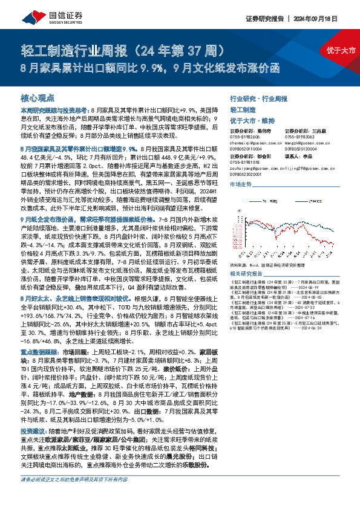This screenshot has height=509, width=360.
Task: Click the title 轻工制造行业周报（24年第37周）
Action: click(124, 48)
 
